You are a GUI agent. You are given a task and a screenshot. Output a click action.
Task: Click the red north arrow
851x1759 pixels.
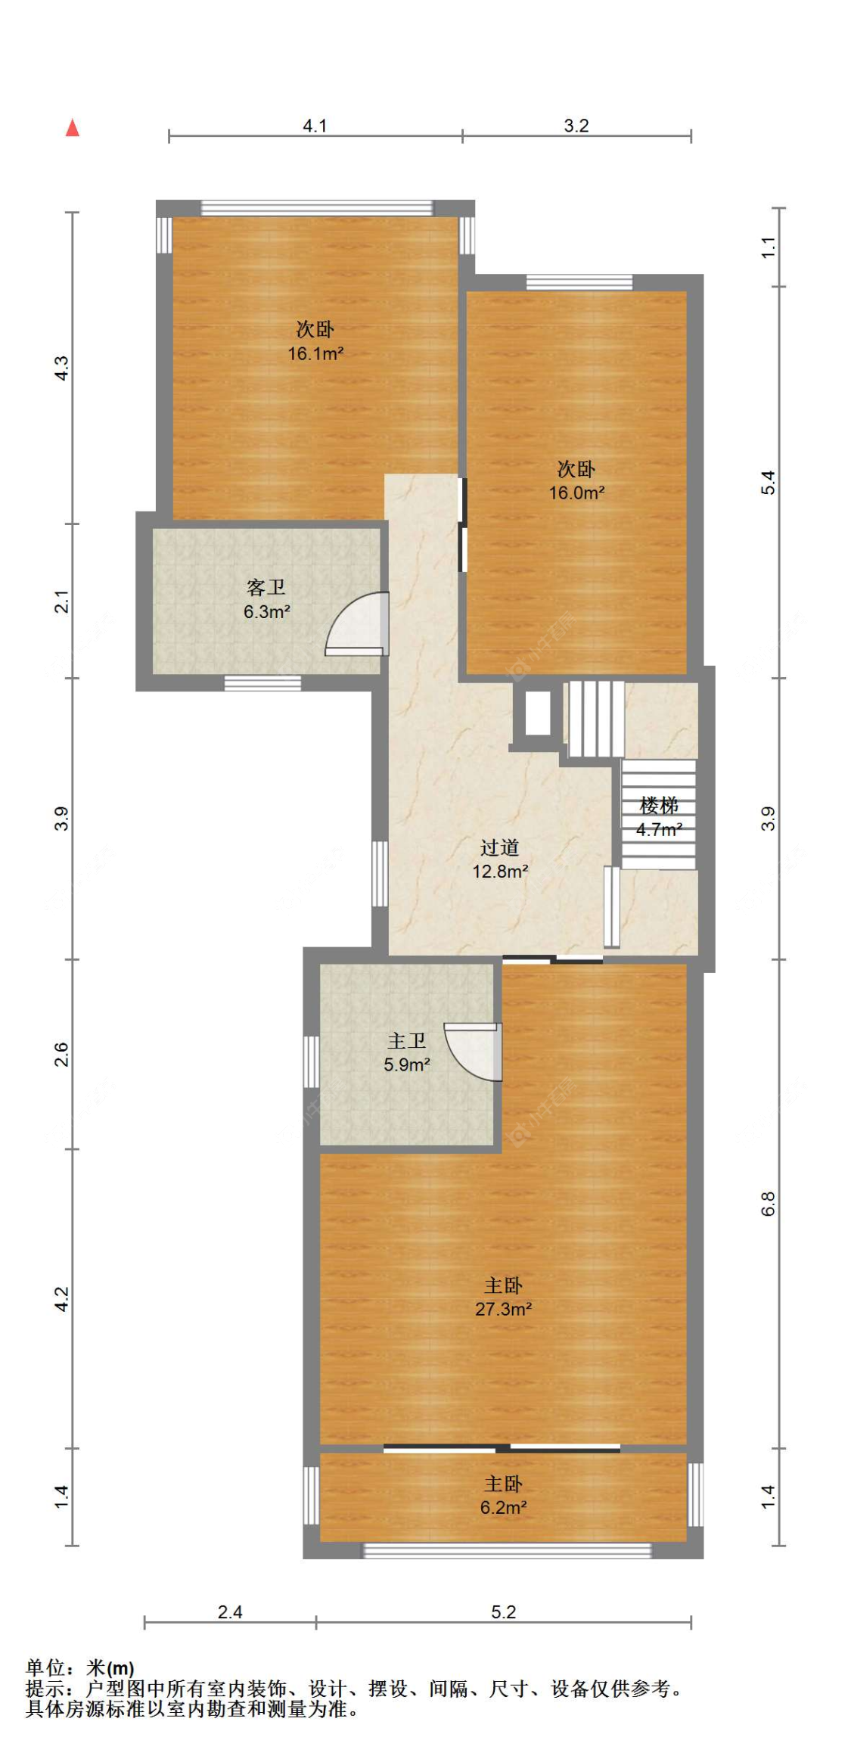(72, 128)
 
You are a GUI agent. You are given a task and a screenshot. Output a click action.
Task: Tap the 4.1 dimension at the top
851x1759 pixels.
(315, 126)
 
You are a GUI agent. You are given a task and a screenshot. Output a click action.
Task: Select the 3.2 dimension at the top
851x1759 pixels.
(576, 126)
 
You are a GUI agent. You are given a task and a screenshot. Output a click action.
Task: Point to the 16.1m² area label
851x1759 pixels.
(315, 353)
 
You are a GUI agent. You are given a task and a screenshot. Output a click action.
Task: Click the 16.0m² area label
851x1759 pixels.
(576, 493)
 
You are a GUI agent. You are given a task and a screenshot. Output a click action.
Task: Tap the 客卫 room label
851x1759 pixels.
(266, 588)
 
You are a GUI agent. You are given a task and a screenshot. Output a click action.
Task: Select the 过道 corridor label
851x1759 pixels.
(499, 847)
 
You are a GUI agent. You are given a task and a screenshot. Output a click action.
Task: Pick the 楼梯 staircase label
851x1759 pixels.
(659, 805)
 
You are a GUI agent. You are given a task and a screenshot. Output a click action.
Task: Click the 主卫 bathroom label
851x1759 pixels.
(407, 1041)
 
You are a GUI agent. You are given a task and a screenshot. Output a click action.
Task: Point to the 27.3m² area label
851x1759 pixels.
(503, 1309)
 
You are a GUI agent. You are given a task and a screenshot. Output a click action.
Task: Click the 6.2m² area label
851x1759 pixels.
(503, 1507)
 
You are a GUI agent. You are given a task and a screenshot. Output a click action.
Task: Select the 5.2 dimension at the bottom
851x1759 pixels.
(503, 1612)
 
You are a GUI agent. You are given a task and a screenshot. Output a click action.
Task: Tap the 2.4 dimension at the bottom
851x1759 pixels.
(230, 1612)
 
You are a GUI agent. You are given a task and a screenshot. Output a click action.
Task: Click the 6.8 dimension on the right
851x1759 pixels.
(769, 1204)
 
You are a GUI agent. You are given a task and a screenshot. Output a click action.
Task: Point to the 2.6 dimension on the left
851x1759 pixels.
(61, 1054)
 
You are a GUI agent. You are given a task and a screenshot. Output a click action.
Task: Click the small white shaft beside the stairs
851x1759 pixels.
(537, 713)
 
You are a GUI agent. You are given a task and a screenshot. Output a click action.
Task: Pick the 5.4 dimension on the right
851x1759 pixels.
(769, 483)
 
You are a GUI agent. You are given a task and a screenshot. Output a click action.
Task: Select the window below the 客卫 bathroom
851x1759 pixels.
(262, 684)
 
